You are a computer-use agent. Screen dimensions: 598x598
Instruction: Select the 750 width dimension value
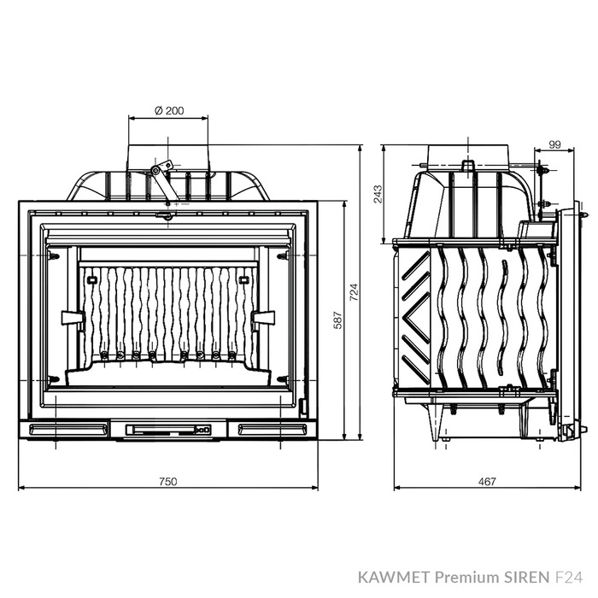tap(167, 482)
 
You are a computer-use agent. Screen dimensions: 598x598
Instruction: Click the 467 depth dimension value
tap(486, 482)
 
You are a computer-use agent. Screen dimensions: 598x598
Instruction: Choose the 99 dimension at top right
tap(555, 145)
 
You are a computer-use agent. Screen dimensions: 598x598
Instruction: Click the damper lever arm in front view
tap(160, 180)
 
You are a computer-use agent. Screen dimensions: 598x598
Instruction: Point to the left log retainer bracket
tap(72, 318)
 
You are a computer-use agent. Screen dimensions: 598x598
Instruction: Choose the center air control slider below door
tap(167, 428)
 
